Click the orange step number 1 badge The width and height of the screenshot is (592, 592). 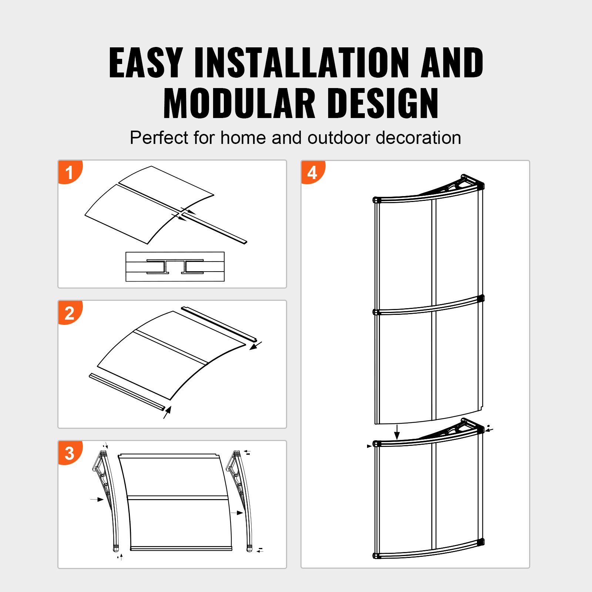tap(70, 172)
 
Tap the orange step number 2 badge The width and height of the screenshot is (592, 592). tap(70, 313)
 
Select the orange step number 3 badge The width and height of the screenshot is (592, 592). tap(70, 453)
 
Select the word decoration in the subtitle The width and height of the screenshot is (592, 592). tap(418, 138)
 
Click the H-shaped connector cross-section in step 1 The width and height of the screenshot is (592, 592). tap(175, 266)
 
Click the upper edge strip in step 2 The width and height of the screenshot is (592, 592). tap(218, 324)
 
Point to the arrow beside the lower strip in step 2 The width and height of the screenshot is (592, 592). tap(168, 412)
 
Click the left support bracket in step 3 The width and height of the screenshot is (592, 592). tap(105, 496)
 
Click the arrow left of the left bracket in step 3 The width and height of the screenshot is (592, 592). tap(97, 499)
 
